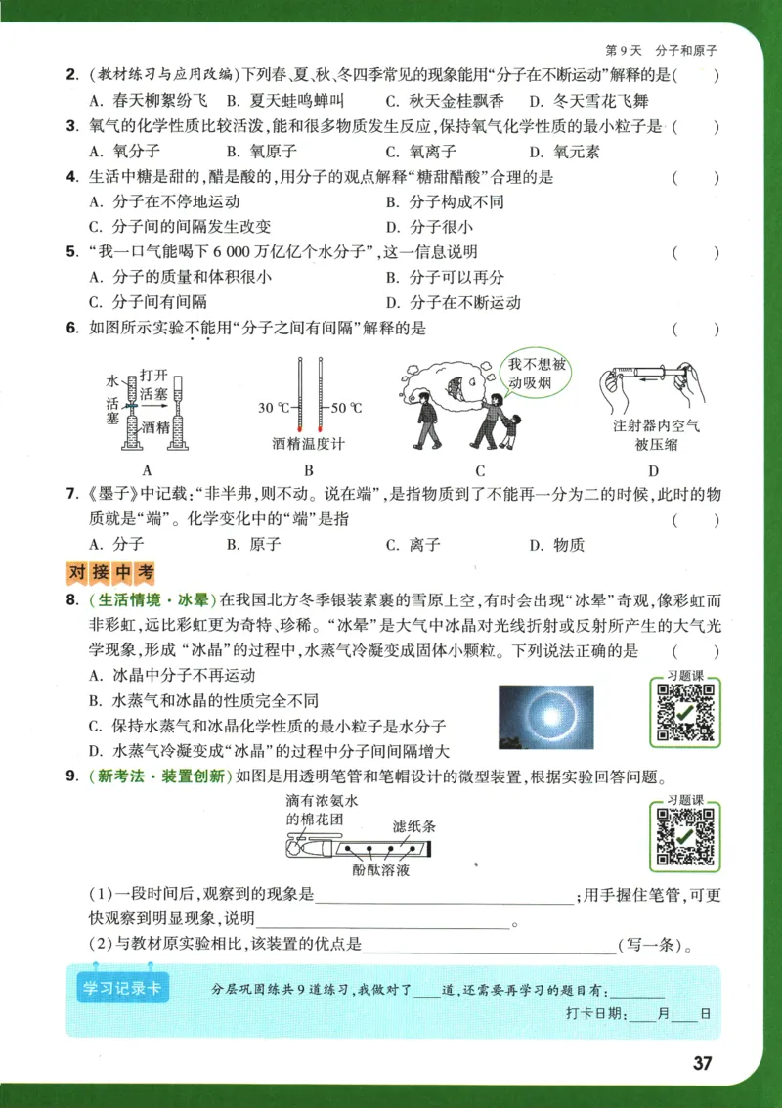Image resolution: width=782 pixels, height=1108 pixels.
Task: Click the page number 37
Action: click(x=701, y=1064)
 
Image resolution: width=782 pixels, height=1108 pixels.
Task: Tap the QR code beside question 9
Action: click(x=685, y=836)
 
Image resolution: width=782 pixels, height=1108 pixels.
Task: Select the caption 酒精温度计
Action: click(x=309, y=444)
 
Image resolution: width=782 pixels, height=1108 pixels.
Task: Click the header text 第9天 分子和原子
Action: click(x=661, y=49)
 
